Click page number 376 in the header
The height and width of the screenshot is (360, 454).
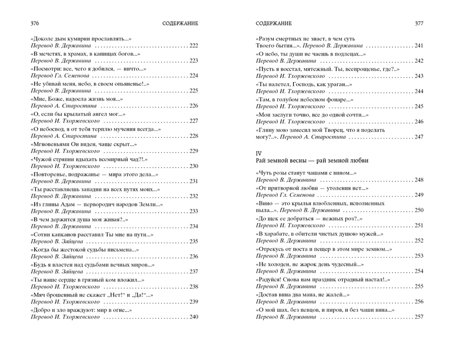coord(35,23)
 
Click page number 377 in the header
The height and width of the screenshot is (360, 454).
coord(419,23)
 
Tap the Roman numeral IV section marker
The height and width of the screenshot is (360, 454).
coord(259,153)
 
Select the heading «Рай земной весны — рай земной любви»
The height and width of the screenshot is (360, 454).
coord(312,161)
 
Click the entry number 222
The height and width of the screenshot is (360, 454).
coord(193,46)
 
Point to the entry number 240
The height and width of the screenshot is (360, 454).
coord(193,317)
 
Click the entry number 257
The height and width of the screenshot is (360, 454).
coord(419,317)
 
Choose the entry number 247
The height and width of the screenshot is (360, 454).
coord(419,137)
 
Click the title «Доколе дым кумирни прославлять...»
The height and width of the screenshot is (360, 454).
coord(81,39)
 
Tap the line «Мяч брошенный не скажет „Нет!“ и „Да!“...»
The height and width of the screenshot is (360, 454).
coord(92,295)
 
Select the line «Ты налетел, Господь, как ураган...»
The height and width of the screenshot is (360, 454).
coord(304,84)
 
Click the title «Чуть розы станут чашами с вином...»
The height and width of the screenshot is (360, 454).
coord(306,173)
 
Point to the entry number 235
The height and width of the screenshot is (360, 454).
coord(193,241)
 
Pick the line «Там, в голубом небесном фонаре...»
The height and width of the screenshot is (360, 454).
coord(305,99)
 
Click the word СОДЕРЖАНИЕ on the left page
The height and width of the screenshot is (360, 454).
coord(180,23)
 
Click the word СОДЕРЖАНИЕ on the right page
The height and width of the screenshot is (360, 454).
coord(274,23)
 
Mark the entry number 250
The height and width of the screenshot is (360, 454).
coord(419,210)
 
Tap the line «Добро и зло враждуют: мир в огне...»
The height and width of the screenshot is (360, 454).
coord(81,310)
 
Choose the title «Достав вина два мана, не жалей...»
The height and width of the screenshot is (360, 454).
coord(303,295)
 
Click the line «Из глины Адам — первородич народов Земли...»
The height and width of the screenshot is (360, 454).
coord(97,204)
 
